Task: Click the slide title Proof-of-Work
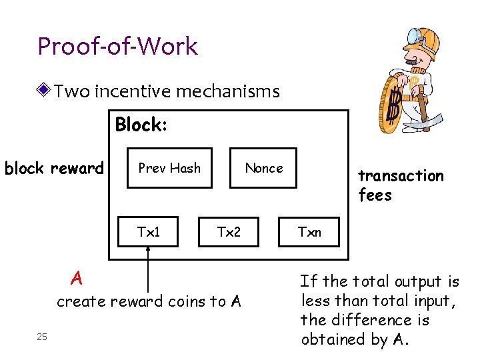[x=117, y=47]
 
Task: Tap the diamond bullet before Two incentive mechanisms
[x=44, y=90]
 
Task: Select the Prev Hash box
[x=169, y=168]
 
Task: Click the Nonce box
[x=263, y=168]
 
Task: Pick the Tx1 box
[x=149, y=232]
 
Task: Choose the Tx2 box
[x=229, y=232]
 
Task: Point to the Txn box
[x=309, y=232]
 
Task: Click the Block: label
[x=141, y=125]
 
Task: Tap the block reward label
[x=54, y=169]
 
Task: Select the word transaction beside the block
[x=401, y=176]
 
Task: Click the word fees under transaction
[x=375, y=195]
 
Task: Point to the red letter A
[x=77, y=277]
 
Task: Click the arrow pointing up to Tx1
[x=149, y=267]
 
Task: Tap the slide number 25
[x=42, y=337]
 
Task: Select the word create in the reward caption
[x=81, y=301]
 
